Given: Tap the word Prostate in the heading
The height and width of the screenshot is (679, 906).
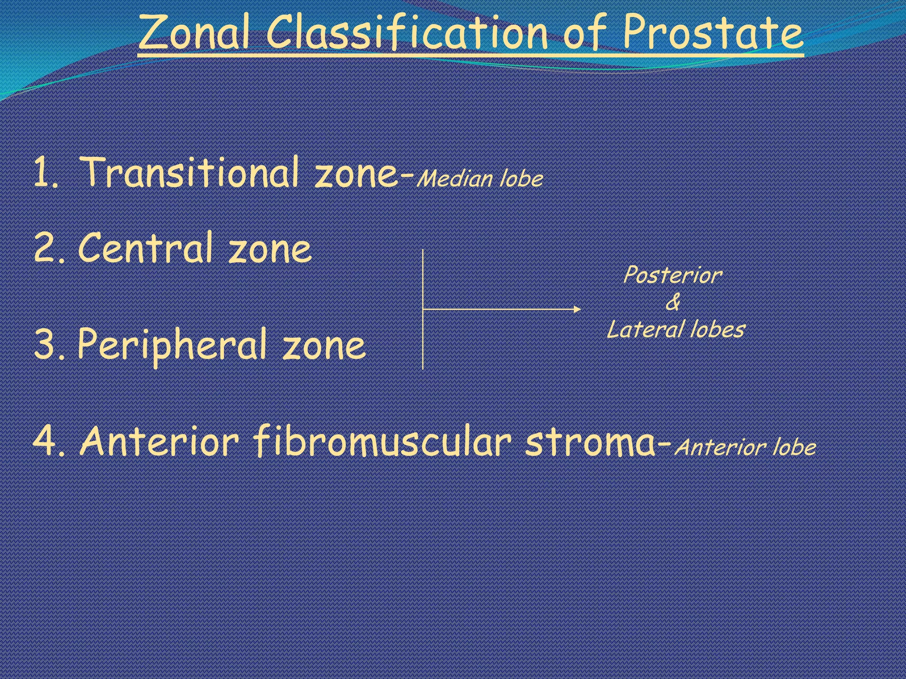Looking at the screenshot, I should tap(712, 33).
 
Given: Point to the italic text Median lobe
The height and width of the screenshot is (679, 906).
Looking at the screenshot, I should tap(480, 179).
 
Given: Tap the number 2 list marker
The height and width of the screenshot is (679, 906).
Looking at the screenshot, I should tap(46, 249).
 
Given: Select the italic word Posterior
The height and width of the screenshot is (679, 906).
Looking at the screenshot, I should tap(672, 275).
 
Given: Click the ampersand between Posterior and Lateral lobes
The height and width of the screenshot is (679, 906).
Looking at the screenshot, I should tap(673, 303).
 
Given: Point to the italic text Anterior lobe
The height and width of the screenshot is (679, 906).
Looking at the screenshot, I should tap(745, 447).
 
